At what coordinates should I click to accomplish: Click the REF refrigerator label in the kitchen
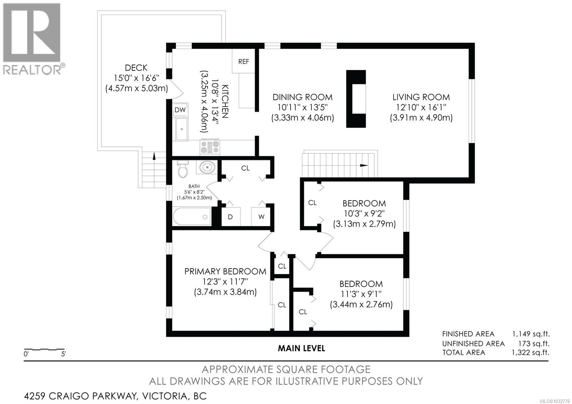tap(243, 61)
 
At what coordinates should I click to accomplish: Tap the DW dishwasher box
tap(180, 110)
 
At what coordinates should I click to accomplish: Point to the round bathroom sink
tap(207, 167)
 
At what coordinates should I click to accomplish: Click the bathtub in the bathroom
tap(192, 217)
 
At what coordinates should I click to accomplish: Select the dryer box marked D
tap(231, 217)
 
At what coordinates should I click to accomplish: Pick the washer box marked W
tap(261, 217)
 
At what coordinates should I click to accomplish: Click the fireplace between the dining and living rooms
tap(356, 99)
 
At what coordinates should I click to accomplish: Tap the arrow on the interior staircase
tap(363, 166)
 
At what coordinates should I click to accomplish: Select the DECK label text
tap(136, 68)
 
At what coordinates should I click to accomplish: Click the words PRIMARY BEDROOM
tap(225, 271)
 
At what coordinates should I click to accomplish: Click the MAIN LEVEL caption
tap(301, 348)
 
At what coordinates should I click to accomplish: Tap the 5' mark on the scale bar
tap(64, 355)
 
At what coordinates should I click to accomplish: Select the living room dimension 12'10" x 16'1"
tap(421, 107)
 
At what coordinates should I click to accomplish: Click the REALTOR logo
tap(33, 39)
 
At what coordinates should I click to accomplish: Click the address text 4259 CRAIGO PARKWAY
tap(81, 396)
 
